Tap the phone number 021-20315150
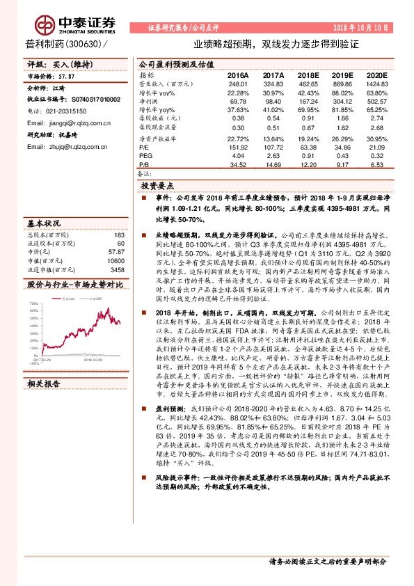point(61,111)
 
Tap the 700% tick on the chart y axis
point(33,304)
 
